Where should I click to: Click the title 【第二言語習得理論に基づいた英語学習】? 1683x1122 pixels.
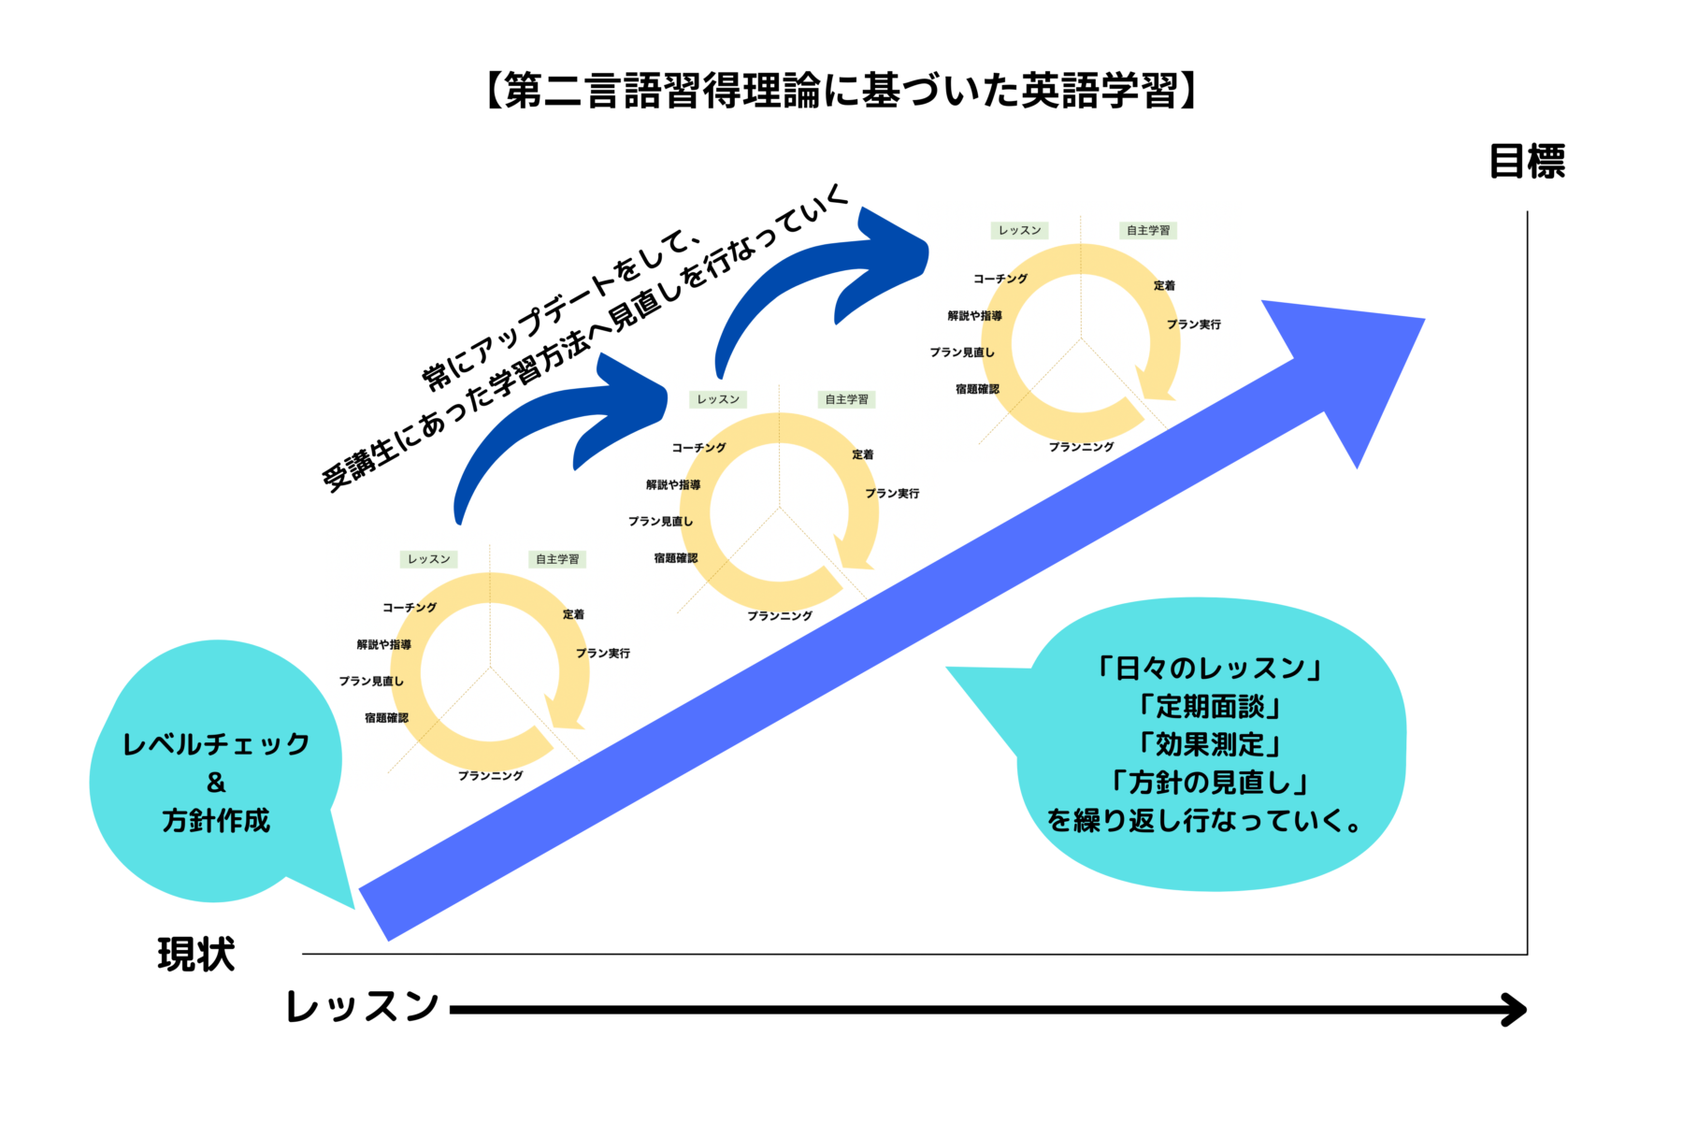pyautogui.click(x=841, y=91)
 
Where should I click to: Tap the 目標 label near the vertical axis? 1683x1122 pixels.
pyautogui.click(x=1526, y=161)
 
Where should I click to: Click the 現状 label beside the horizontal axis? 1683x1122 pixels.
pyautogui.click(x=195, y=954)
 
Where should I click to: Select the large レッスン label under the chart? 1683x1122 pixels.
pyautogui.click(x=363, y=1006)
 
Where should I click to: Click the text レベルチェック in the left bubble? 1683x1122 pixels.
pyautogui.click(x=216, y=744)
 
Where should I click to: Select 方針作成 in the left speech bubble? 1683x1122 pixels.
pyautogui.click(x=216, y=820)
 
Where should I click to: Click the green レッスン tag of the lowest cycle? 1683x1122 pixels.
pyautogui.click(x=428, y=559)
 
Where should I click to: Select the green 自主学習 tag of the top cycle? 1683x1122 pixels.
pyautogui.click(x=1147, y=230)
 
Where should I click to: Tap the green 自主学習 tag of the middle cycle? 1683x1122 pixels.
pyautogui.click(x=846, y=399)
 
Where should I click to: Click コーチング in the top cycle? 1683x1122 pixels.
pyautogui.click(x=1000, y=279)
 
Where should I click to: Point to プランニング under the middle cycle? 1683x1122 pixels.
pyautogui.click(x=780, y=615)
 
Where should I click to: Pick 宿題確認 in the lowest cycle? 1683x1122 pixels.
pyautogui.click(x=386, y=718)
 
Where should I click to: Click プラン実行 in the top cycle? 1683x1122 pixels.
pyautogui.click(x=1193, y=324)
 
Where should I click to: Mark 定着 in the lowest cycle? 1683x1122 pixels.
pyautogui.click(x=573, y=614)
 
